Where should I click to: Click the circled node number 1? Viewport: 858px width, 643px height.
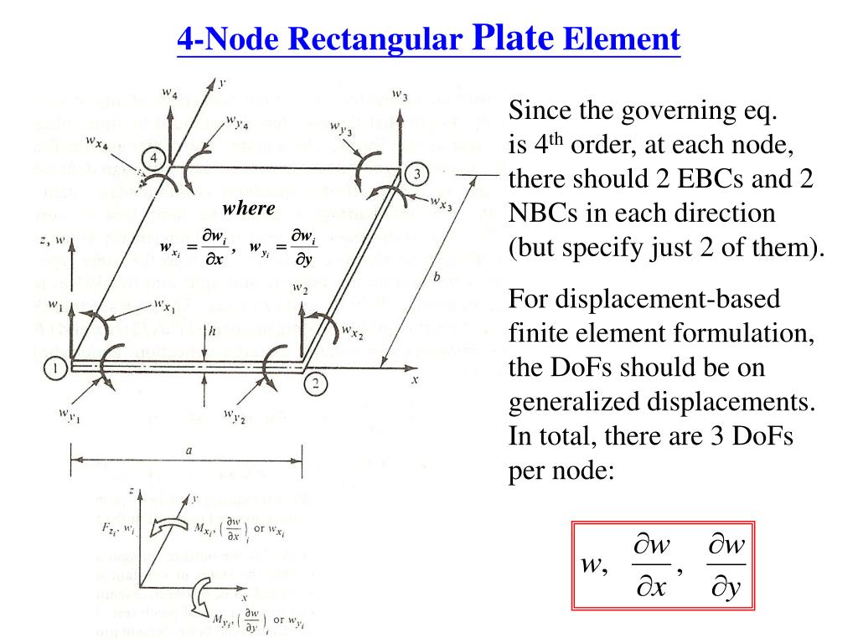55,366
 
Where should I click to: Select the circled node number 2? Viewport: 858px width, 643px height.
314,384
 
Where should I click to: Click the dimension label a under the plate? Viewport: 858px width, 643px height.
189,450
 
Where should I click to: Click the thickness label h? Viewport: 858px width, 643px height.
213,330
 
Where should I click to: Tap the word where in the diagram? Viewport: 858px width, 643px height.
249,208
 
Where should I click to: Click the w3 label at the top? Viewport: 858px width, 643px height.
400,95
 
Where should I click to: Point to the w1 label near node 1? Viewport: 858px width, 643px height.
56,303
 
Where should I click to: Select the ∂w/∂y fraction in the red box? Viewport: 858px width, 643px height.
725,568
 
